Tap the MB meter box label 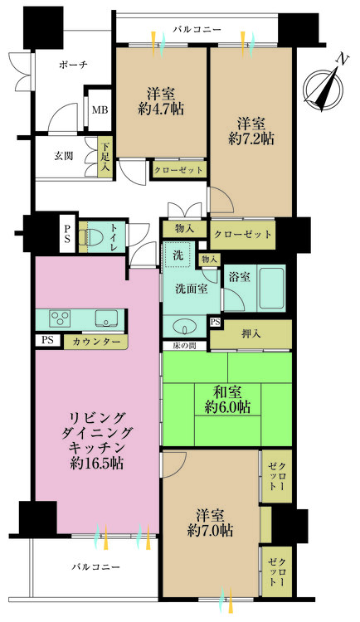click(100, 109)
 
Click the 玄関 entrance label click(65, 155)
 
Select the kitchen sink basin click(106, 318)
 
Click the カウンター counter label click(95, 342)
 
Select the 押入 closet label click(250, 334)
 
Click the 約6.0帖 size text click(227, 407)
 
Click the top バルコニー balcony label click(197, 30)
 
